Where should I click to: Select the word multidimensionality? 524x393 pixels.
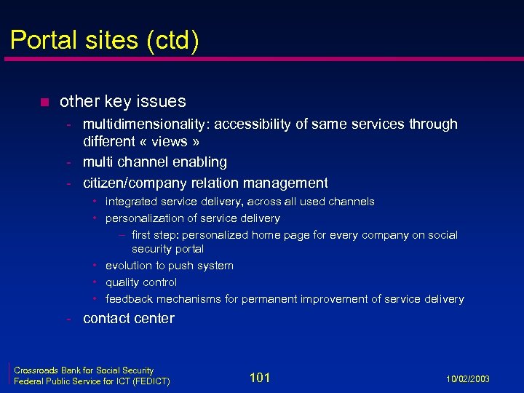pyautogui.click(x=145, y=124)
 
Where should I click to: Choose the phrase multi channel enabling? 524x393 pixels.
pyautogui.click(x=155, y=162)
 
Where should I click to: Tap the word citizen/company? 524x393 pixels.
pyautogui.click(x=135, y=183)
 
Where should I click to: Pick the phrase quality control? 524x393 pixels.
pyautogui.click(x=141, y=282)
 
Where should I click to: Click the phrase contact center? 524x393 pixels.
pyautogui.click(x=129, y=318)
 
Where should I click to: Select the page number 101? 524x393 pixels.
pyautogui.click(x=260, y=377)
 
